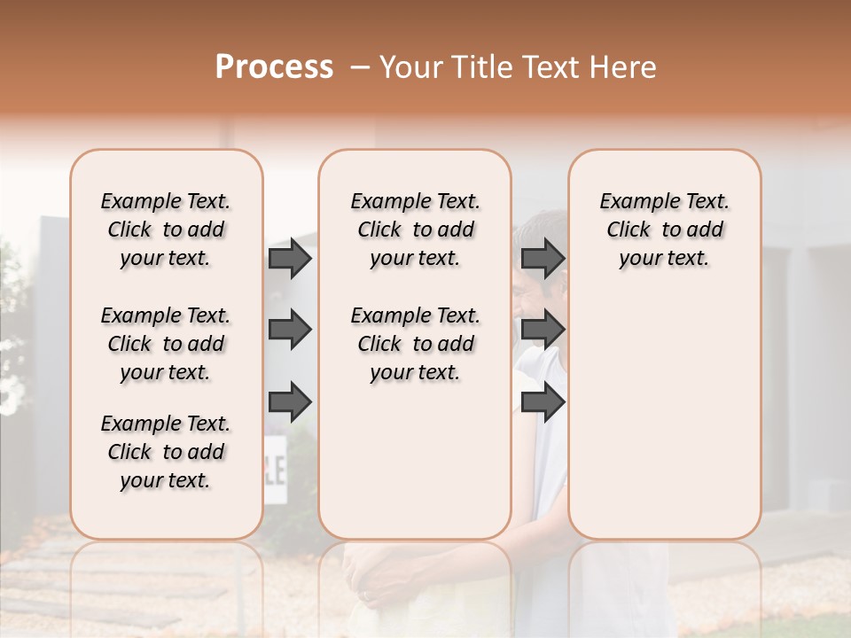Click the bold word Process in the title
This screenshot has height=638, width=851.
click(x=274, y=67)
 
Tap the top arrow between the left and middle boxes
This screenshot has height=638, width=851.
click(x=290, y=258)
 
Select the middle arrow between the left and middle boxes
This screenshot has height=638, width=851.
click(x=290, y=330)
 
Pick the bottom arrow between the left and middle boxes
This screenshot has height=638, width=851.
click(x=290, y=401)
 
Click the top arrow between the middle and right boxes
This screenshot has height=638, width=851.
click(x=543, y=258)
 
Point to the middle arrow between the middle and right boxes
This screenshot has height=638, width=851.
click(x=543, y=330)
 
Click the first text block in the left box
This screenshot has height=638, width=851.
click(x=166, y=230)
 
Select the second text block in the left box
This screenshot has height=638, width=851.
click(x=166, y=344)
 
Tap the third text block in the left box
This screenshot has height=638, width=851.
click(x=166, y=452)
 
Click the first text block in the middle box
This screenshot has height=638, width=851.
click(x=415, y=230)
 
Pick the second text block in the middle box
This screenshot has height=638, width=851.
click(x=415, y=344)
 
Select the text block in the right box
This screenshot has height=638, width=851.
click(x=664, y=230)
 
